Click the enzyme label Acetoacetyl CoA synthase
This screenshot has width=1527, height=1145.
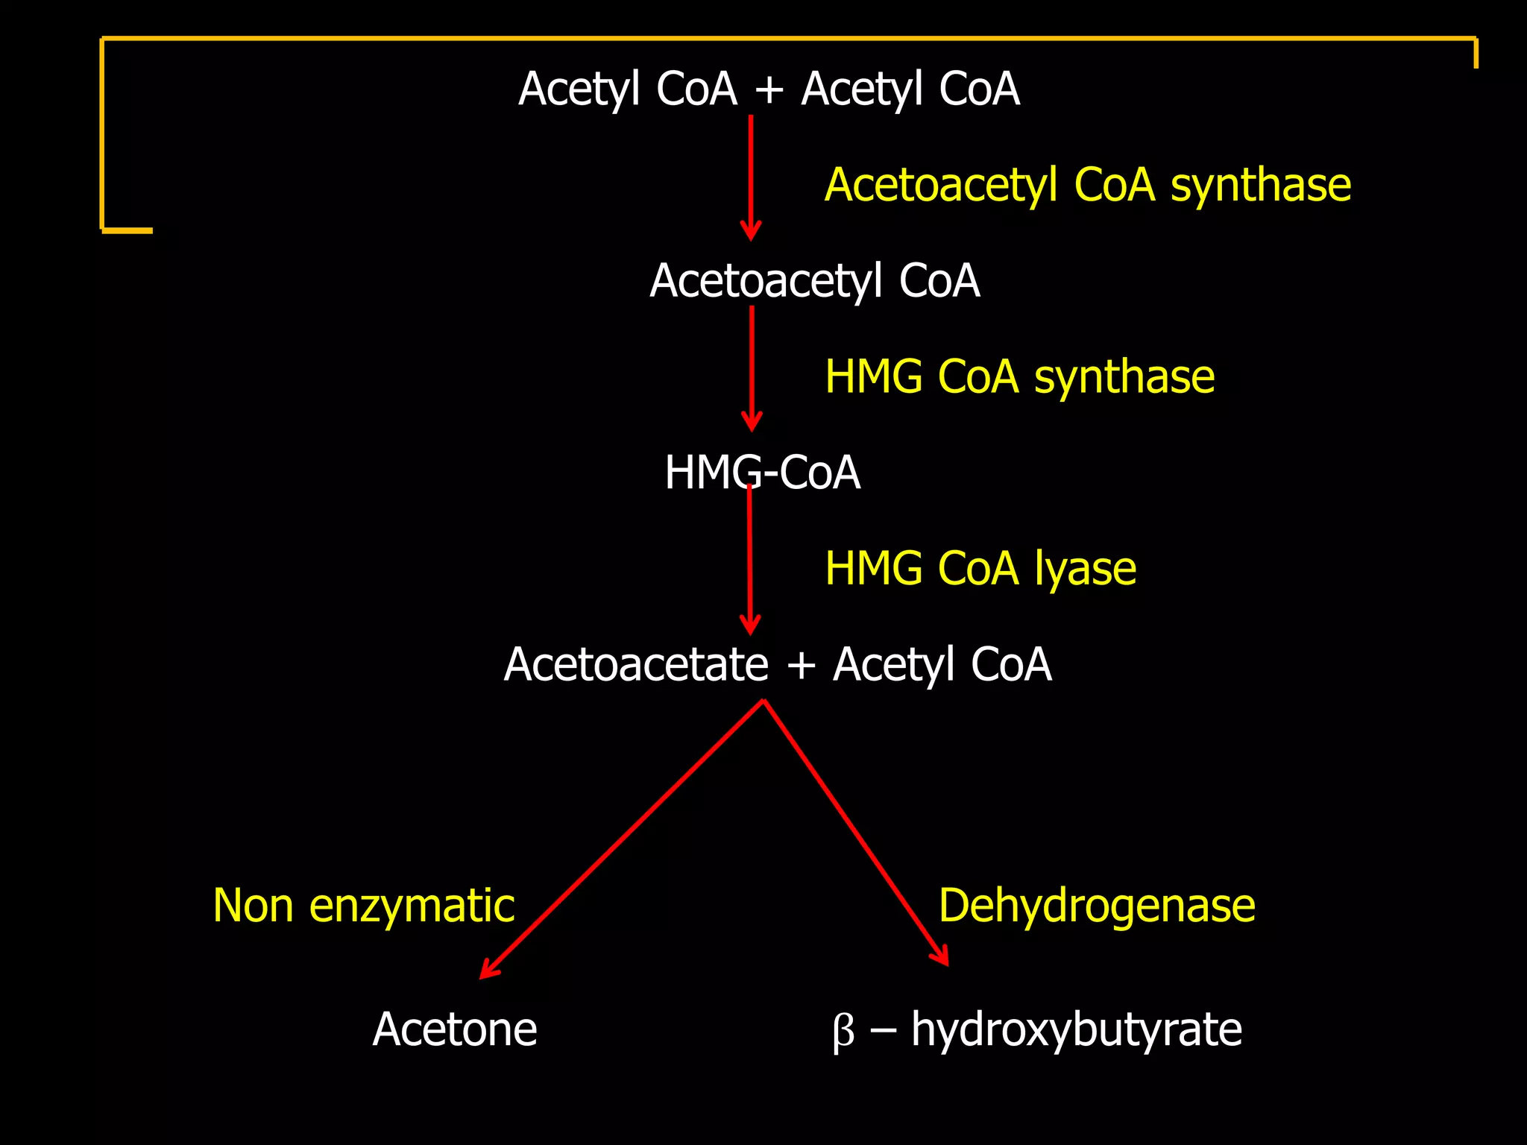(1087, 185)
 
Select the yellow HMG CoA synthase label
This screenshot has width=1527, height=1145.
(1019, 376)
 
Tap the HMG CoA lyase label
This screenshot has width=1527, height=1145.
(980, 569)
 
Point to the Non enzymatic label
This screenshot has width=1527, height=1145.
(364, 906)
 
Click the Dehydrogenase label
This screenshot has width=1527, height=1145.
(1097, 906)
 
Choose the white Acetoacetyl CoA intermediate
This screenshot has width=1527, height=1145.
(814, 281)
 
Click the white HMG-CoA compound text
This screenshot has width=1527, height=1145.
(762, 473)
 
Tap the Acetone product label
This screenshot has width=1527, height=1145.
(455, 1029)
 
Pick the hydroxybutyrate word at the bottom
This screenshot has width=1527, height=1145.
(1077, 1031)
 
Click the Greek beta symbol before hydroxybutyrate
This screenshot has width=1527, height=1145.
(843, 1032)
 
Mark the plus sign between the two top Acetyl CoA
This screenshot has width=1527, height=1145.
(769, 90)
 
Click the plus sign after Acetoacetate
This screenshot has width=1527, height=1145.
(801, 665)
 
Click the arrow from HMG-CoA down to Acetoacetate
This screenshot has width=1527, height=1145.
(750, 559)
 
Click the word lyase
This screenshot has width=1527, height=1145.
(1085, 570)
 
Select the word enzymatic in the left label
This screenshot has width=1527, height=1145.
(412, 907)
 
